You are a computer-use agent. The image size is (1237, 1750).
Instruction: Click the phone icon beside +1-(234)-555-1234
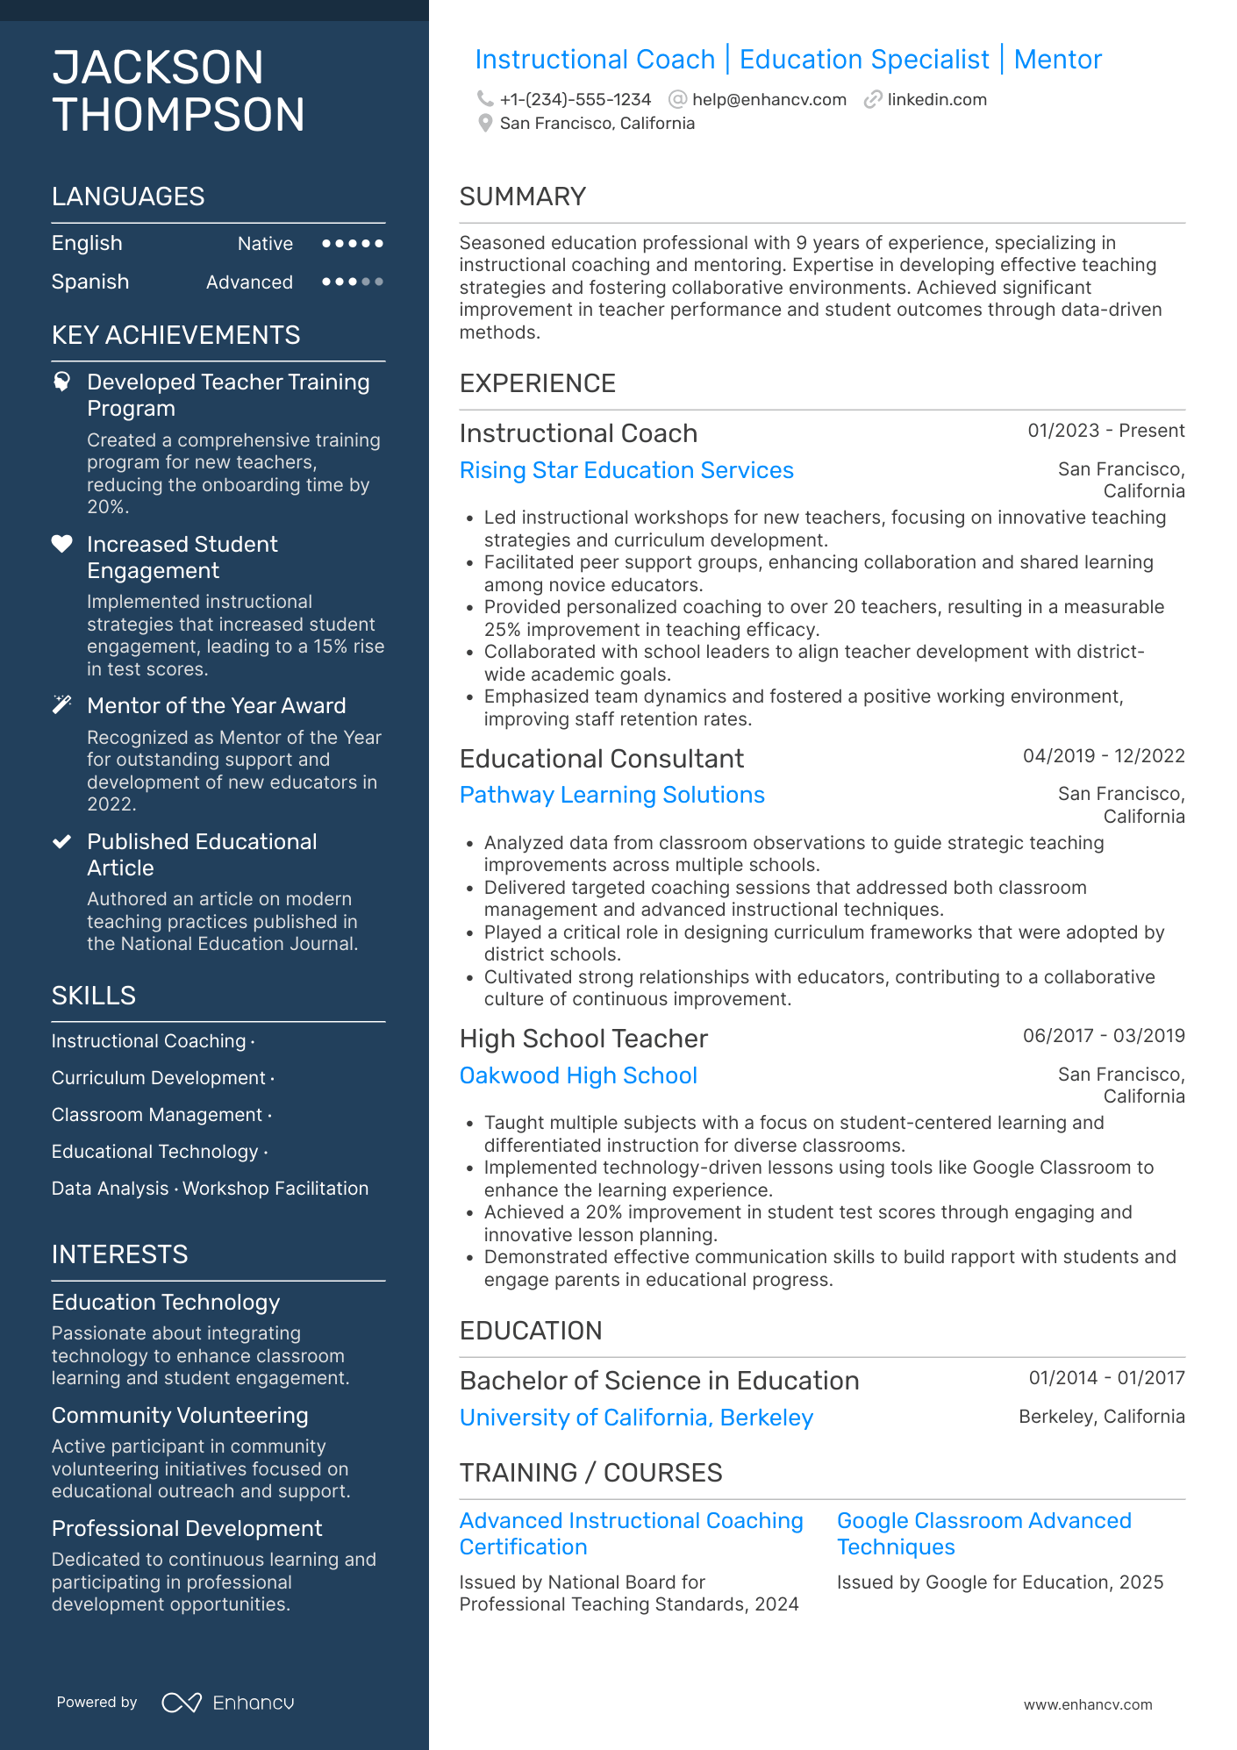[485, 99]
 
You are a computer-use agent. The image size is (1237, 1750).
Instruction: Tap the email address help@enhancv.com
[769, 99]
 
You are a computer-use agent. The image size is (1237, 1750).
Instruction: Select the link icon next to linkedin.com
[873, 99]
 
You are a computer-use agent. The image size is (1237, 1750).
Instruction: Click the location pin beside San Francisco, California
[485, 124]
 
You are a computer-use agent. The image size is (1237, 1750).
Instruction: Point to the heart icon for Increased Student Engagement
[62, 544]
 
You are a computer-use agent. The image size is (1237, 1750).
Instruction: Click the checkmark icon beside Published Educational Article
[62, 842]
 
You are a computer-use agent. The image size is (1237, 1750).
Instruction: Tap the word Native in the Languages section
[265, 244]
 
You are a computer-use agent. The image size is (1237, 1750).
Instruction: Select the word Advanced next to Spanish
[249, 282]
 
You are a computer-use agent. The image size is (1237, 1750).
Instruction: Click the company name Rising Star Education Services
[626, 470]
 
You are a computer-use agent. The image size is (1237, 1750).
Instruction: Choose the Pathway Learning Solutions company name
[612, 795]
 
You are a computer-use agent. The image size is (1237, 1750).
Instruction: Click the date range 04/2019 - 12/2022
[1104, 756]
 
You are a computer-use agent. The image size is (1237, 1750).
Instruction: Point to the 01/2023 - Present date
[1106, 431]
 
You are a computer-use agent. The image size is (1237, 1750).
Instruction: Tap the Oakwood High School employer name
[578, 1075]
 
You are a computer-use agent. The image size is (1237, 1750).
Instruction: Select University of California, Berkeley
[636, 1418]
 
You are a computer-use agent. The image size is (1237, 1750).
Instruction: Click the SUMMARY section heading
[523, 196]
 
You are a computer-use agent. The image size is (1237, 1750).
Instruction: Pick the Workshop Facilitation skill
[275, 1189]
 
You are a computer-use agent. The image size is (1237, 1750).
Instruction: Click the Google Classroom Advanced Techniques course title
[983, 1533]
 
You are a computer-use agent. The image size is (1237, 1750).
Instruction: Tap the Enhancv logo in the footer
[229, 1703]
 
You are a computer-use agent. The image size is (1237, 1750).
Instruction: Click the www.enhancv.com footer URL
[1088, 1704]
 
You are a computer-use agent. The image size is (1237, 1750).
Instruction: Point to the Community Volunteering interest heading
[180, 1415]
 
